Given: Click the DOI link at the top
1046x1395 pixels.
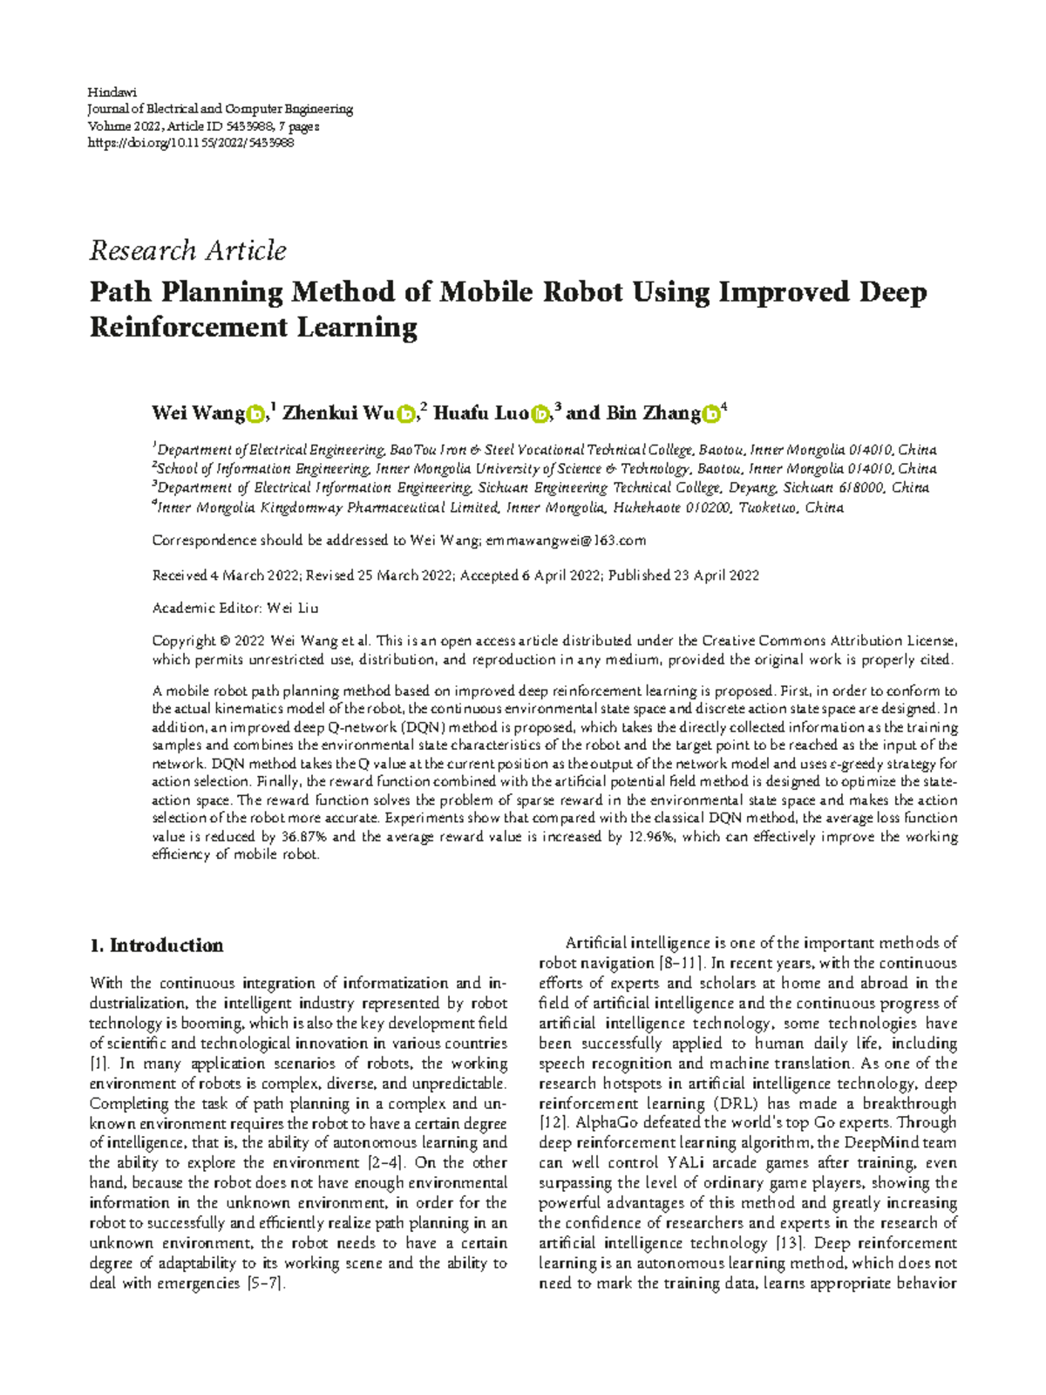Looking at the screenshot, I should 192,142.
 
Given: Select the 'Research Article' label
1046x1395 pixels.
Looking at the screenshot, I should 188,251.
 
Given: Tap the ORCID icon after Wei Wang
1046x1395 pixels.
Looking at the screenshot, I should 255,415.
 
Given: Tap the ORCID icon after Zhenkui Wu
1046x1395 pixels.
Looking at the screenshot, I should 405,415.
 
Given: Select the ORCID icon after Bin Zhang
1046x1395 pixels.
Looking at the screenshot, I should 711,415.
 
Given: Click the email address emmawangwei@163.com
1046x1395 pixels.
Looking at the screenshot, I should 567,541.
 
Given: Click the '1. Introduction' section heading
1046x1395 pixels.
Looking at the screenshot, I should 157,946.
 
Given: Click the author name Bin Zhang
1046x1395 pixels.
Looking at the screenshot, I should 654,413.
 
